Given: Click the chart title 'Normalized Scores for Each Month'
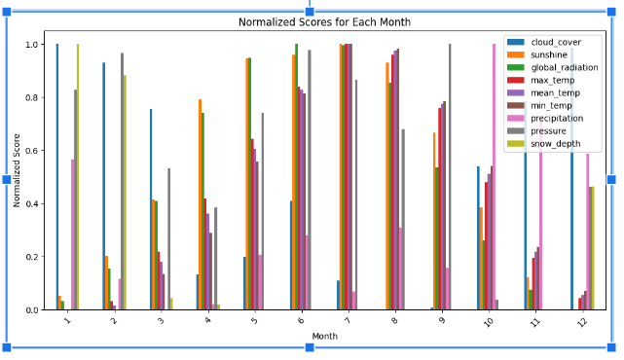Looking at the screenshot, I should tap(311, 22).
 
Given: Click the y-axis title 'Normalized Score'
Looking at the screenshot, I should tap(17, 177).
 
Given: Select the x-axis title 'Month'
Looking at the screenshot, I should tap(325, 337).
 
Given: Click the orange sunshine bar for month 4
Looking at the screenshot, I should tap(201, 204).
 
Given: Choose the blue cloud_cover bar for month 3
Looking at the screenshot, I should tap(151, 209).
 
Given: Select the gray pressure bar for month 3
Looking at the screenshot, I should tap(168, 239).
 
